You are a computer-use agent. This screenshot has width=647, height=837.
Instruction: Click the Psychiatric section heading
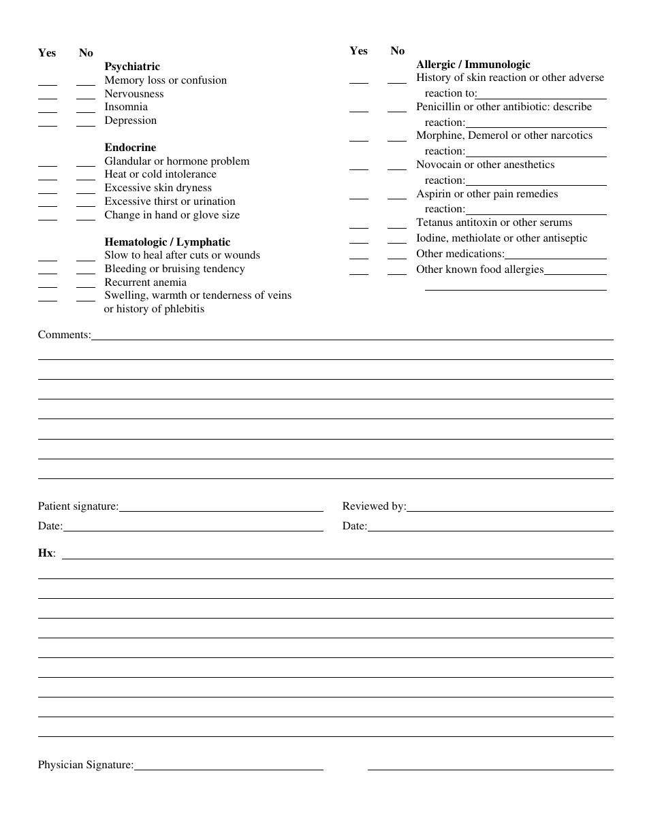(x=132, y=67)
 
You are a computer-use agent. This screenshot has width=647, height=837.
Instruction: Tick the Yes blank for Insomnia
(x=48, y=110)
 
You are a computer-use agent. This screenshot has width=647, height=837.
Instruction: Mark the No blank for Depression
(x=86, y=123)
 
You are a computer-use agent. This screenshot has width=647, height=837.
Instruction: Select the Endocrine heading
(x=130, y=148)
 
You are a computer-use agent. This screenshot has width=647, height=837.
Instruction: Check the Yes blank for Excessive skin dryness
(x=48, y=191)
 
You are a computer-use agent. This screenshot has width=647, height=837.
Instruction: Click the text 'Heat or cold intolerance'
(x=160, y=174)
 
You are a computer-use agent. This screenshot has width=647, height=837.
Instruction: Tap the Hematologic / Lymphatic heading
(x=167, y=242)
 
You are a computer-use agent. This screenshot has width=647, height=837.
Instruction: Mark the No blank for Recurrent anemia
(x=86, y=285)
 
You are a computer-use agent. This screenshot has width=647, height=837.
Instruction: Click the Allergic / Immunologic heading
(x=473, y=65)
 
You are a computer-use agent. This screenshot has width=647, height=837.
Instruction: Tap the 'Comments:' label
(x=64, y=335)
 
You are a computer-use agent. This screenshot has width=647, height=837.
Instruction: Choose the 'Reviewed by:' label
(x=374, y=506)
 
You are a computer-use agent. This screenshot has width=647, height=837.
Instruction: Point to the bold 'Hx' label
(x=46, y=553)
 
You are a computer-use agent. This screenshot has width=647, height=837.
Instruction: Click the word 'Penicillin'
(x=439, y=107)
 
